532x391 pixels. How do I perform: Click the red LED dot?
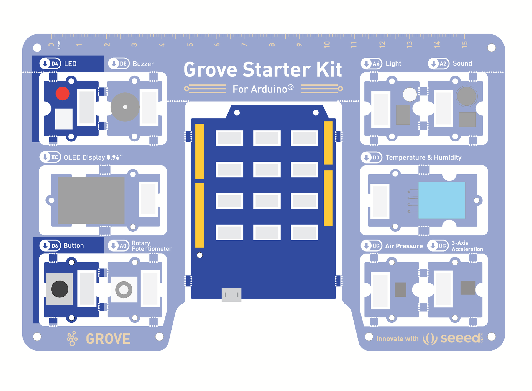pyautogui.click(x=62, y=94)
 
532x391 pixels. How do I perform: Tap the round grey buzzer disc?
pyautogui.click(x=125, y=107)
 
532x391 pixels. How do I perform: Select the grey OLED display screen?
pyautogui.click(x=91, y=200)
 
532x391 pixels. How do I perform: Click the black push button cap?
pyautogui.click(x=60, y=289)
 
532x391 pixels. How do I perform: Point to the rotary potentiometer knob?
pyautogui.click(x=124, y=289)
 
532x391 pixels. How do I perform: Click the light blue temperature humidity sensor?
pyautogui.click(x=441, y=200)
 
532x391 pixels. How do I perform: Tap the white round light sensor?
pyautogui.click(x=410, y=94)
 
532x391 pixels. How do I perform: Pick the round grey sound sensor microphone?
pyautogui.click(x=467, y=96)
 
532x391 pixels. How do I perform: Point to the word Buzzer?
pyautogui.click(x=143, y=64)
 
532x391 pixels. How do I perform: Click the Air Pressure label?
pyautogui.click(x=404, y=246)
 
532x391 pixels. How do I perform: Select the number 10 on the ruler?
pyautogui.click(x=327, y=44)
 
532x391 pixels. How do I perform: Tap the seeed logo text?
pyautogui.click(x=460, y=338)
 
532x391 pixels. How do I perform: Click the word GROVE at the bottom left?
pyautogui.click(x=108, y=339)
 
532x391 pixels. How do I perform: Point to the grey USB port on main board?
pyautogui.click(x=231, y=294)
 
